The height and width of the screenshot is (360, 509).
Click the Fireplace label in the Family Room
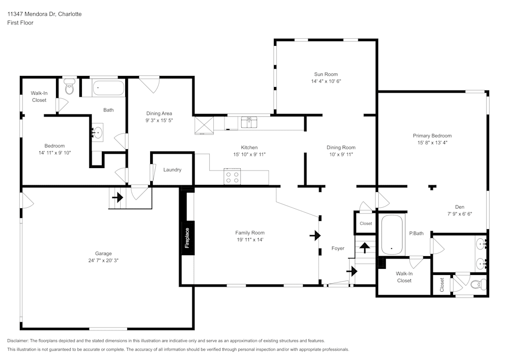(187, 238)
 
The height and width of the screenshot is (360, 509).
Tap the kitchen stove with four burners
(232, 177)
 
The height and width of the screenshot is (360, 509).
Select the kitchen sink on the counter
(249, 122)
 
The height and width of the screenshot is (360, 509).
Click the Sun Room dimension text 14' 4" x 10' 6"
(326, 81)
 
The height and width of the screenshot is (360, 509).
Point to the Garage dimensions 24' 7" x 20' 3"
(103, 260)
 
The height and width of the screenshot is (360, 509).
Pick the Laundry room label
(173, 170)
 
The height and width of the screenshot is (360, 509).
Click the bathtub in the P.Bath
(391, 235)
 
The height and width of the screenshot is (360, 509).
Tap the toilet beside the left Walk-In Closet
(69, 86)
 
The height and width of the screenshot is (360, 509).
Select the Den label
(460, 207)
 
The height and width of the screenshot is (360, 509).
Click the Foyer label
(338, 248)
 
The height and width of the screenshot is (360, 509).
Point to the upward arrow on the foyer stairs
(365, 247)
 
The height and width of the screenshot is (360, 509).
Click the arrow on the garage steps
(118, 197)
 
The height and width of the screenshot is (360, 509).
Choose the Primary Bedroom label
(432, 135)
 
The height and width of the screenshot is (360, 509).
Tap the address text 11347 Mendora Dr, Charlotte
(44, 14)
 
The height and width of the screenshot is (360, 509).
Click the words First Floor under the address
(20, 23)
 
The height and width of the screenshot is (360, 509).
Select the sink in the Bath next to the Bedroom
(97, 132)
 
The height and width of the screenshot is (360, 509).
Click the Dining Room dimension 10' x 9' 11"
(341, 154)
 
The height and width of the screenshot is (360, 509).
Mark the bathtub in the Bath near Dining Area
(108, 88)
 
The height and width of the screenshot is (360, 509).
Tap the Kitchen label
(249, 147)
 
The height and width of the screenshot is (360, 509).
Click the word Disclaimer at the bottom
(18, 341)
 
